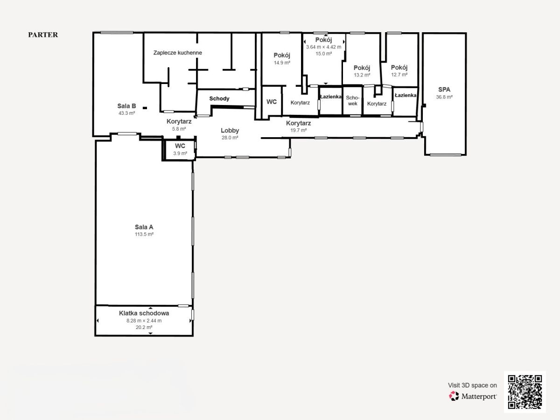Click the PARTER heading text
click(43, 35)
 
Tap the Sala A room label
click(144, 227)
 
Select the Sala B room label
click(126, 106)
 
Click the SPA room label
click(444, 90)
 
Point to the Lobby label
click(230, 131)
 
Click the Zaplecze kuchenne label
click(178, 53)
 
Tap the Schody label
click(219, 98)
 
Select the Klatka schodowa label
click(144, 313)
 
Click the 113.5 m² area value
click(144, 234)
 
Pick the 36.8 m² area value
click(444, 97)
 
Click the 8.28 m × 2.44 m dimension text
click(144, 321)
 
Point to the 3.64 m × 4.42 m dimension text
click(323, 47)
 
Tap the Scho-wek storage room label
click(353, 101)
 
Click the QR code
click(525, 392)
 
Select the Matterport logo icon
click(454, 396)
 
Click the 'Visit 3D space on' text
click(472, 385)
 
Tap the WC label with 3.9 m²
click(180, 146)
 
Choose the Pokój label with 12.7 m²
click(399, 68)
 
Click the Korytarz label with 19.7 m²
click(298, 123)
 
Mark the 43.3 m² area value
click(126, 113)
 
